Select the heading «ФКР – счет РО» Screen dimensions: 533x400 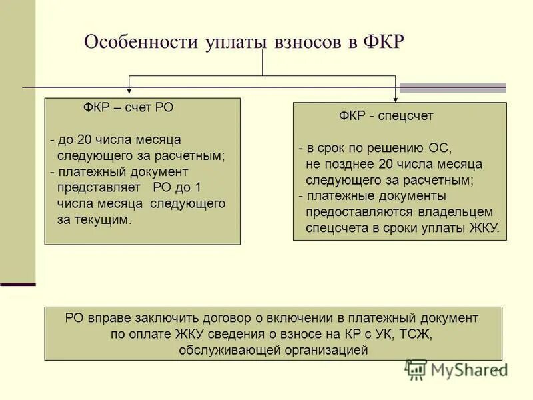tap(128, 108)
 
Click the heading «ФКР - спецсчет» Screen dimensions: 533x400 tap(386, 116)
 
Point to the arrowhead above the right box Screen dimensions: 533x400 tap(396, 97)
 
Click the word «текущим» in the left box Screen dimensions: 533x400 tap(102, 219)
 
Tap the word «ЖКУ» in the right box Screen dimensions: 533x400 tap(484, 228)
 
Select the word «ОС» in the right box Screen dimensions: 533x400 tap(441, 148)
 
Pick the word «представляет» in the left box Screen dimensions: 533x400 tap(98, 187)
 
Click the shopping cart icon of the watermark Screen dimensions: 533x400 tap(416, 369)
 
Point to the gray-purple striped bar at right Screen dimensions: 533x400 tap(452, 87)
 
